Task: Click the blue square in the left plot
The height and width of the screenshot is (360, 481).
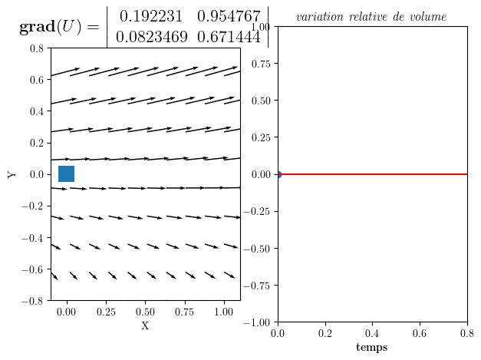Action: (x=66, y=173)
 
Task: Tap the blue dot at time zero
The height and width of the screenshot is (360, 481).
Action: (x=278, y=174)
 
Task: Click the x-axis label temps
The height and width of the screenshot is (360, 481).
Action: (x=372, y=348)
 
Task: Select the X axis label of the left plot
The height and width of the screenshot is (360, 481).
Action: (x=145, y=325)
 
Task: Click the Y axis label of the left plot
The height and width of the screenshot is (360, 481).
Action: (x=12, y=174)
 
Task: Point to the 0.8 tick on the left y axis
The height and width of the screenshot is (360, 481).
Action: (x=36, y=48)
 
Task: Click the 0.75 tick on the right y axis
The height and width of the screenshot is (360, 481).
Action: (x=261, y=64)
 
